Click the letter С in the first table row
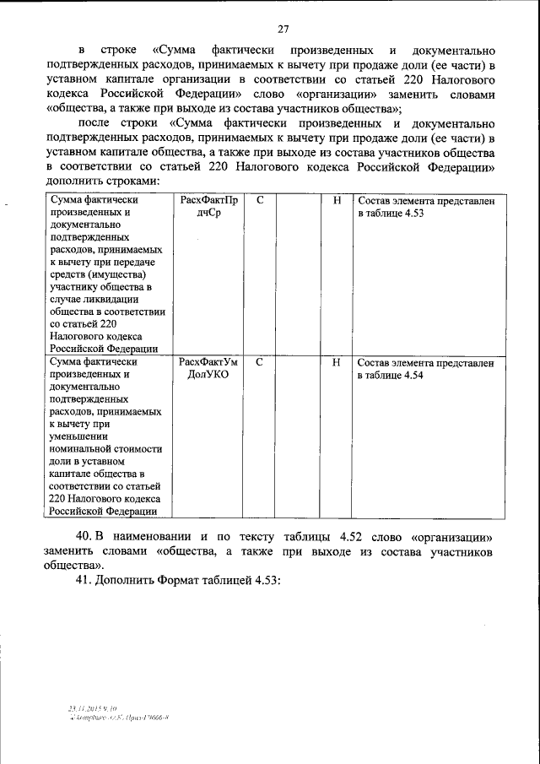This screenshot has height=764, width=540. pyautogui.click(x=260, y=201)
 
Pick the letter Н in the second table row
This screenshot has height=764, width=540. pyautogui.click(x=337, y=362)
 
